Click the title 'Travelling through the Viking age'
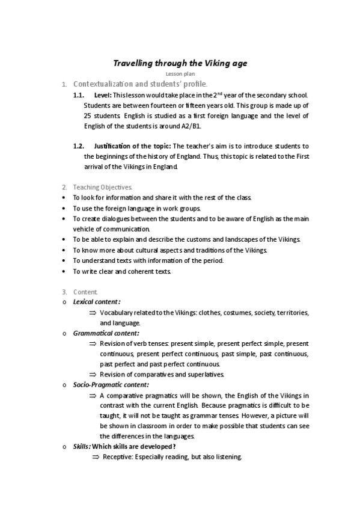[x=180, y=63]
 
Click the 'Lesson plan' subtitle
[x=180, y=73]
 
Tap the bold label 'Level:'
[x=103, y=95]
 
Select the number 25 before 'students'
[x=88, y=115]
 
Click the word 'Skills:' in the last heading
[x=82, y=446]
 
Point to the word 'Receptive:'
[x=118, y=457]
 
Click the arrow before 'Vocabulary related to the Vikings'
[x=93, y=313]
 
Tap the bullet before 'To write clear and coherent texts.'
[x=64, y=271]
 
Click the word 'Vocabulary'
[x=117, y=313]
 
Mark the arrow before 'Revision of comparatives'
[x=93, y=374]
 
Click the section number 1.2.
[x=78, y=146]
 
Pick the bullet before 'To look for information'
[x=64, y=197]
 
